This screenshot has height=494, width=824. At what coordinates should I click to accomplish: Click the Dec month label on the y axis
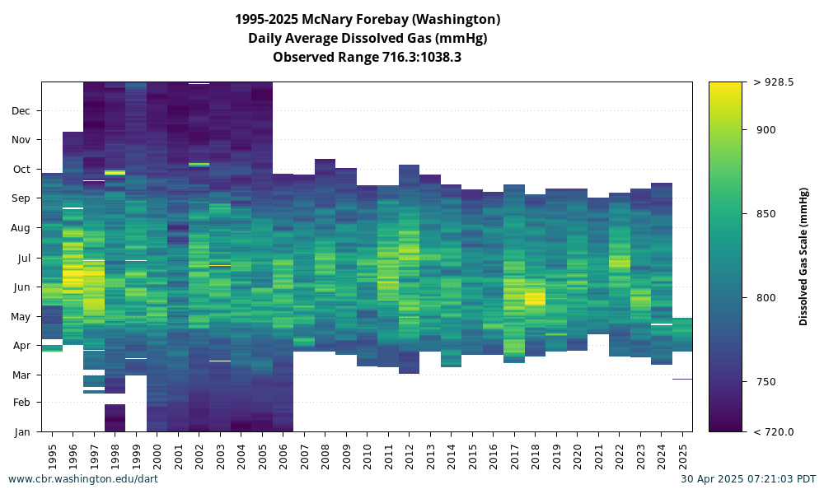21,111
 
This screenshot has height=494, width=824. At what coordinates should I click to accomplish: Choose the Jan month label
22,432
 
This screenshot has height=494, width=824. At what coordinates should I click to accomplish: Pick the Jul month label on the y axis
24,259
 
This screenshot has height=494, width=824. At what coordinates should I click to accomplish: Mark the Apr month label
21,346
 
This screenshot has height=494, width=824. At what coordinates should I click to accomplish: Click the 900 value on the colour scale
765,129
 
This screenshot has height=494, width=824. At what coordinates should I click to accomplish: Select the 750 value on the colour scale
765,382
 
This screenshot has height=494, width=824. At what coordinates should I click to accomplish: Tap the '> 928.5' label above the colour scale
774,82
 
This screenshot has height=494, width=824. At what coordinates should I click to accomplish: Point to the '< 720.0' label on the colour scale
774,432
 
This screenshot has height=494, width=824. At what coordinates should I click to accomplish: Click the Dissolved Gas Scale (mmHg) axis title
803,257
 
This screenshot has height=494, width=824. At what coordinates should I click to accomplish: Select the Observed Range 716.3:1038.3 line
367,58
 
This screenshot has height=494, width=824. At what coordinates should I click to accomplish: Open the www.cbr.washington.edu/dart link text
83,479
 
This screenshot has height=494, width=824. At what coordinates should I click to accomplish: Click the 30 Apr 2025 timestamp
748,479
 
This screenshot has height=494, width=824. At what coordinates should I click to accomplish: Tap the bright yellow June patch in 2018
535,299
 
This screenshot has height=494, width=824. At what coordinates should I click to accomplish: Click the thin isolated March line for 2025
682,379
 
